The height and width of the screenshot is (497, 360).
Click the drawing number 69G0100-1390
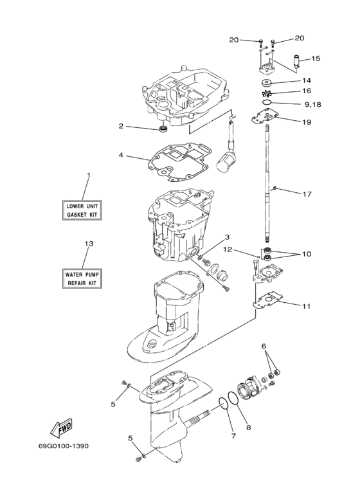pos(59,462)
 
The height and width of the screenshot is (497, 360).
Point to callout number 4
pos(120,155)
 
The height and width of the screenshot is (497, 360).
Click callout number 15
pos(316,59)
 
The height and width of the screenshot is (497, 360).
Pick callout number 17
pos(307,193)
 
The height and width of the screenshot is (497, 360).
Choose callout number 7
pos(233,436)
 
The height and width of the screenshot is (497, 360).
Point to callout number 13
pos(89,243)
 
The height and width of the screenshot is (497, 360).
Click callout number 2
pos(120,126)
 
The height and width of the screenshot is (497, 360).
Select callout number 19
pos(307,121)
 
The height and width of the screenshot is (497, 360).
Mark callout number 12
pos(245,249)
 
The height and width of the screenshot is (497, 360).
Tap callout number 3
pos(209,237)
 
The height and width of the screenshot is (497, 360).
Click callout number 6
pos(263,345)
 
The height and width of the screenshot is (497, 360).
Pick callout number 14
pos(307,81)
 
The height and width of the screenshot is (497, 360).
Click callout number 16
pos(307,92)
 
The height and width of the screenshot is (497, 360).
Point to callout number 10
pos(307,254)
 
